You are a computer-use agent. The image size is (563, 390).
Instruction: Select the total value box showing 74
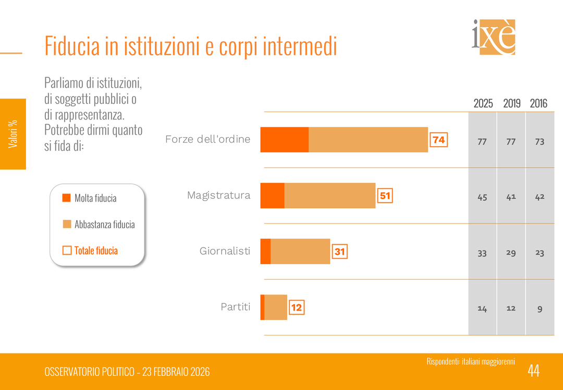click(438, 140)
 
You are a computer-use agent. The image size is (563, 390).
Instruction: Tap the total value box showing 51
click(385, 196)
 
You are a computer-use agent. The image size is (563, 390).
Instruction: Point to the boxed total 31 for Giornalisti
click(339, 252)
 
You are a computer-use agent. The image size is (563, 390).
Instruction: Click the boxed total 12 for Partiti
click(296, 308)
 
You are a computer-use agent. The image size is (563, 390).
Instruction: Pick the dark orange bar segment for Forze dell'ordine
click(284, 140)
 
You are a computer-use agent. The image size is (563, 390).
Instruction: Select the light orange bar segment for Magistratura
click(329, 196)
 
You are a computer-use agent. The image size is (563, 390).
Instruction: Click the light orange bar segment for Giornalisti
click(300, 252)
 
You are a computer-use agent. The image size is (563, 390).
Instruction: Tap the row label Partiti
click(236, 307)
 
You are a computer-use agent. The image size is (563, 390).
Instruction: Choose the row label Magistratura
click(219, 195)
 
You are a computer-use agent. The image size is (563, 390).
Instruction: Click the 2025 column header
click(483, 103)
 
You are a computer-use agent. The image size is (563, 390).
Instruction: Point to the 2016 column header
click(538, 103)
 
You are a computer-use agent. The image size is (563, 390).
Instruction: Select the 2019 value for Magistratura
click(511, 197)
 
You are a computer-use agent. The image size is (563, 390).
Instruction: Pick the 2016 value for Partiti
click(540, 309)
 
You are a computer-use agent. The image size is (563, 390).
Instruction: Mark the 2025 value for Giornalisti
click(482, 253)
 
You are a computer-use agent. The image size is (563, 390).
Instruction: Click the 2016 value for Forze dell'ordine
click(540, 141)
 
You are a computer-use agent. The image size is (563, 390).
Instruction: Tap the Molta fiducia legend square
click(66, 198)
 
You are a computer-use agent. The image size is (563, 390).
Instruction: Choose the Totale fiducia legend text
click(96, 251)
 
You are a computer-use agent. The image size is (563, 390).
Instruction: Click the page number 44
click(533, 371)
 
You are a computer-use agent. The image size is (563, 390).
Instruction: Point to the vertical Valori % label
click(13, 134)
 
